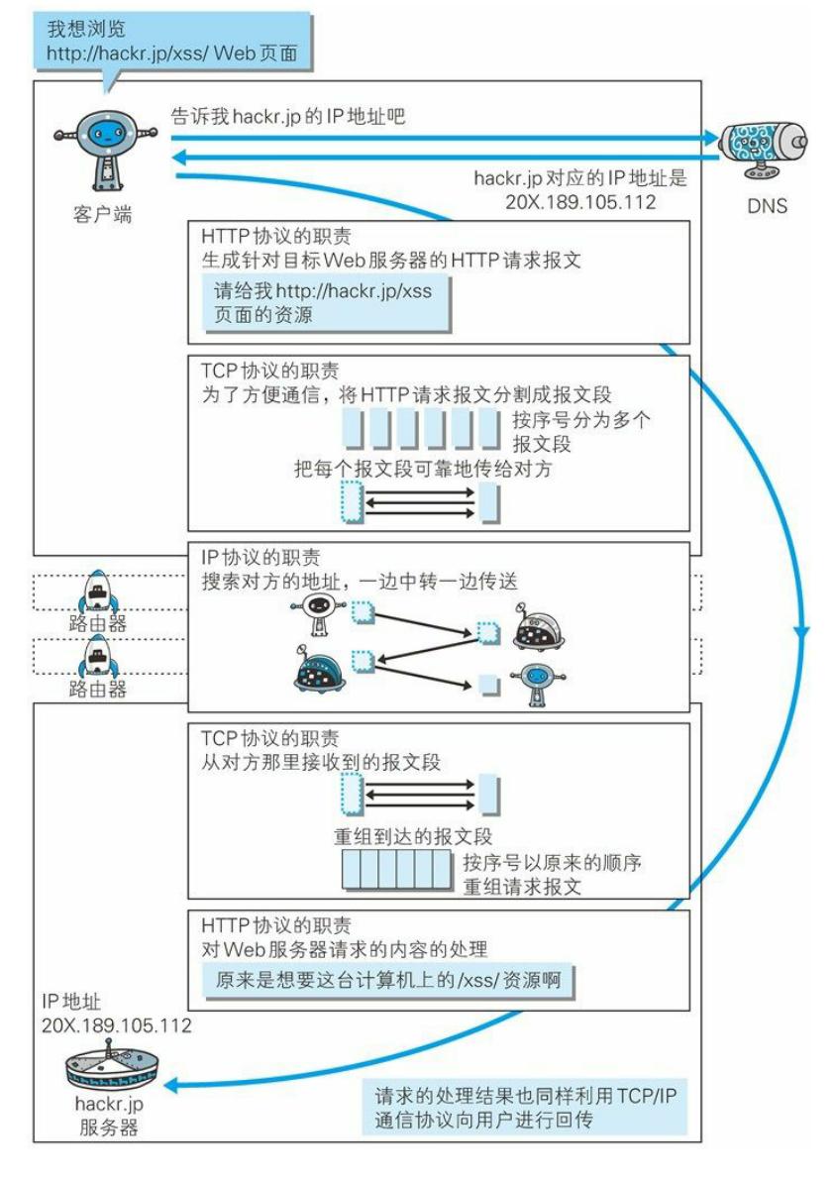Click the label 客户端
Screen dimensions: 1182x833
click(101, 214)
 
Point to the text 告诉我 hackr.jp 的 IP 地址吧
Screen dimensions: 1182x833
click(289, 116)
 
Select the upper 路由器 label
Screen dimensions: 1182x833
click(97, 624)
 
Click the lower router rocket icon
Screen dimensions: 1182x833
click(97, 654)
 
